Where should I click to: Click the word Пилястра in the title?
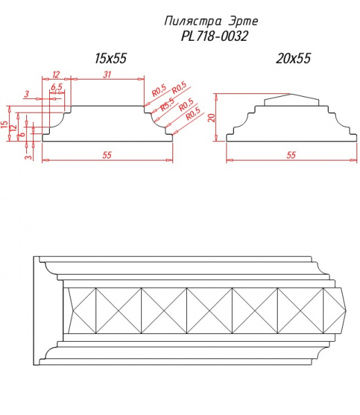193,21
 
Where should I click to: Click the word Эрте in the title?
243,21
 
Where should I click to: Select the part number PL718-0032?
215,36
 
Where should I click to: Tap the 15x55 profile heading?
111,59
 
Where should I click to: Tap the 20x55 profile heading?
293,59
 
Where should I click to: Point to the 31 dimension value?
107,75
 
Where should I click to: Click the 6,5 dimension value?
57,87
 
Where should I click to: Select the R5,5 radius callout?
168,104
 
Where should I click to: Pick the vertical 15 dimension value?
5,124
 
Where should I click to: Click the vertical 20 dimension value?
211,118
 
